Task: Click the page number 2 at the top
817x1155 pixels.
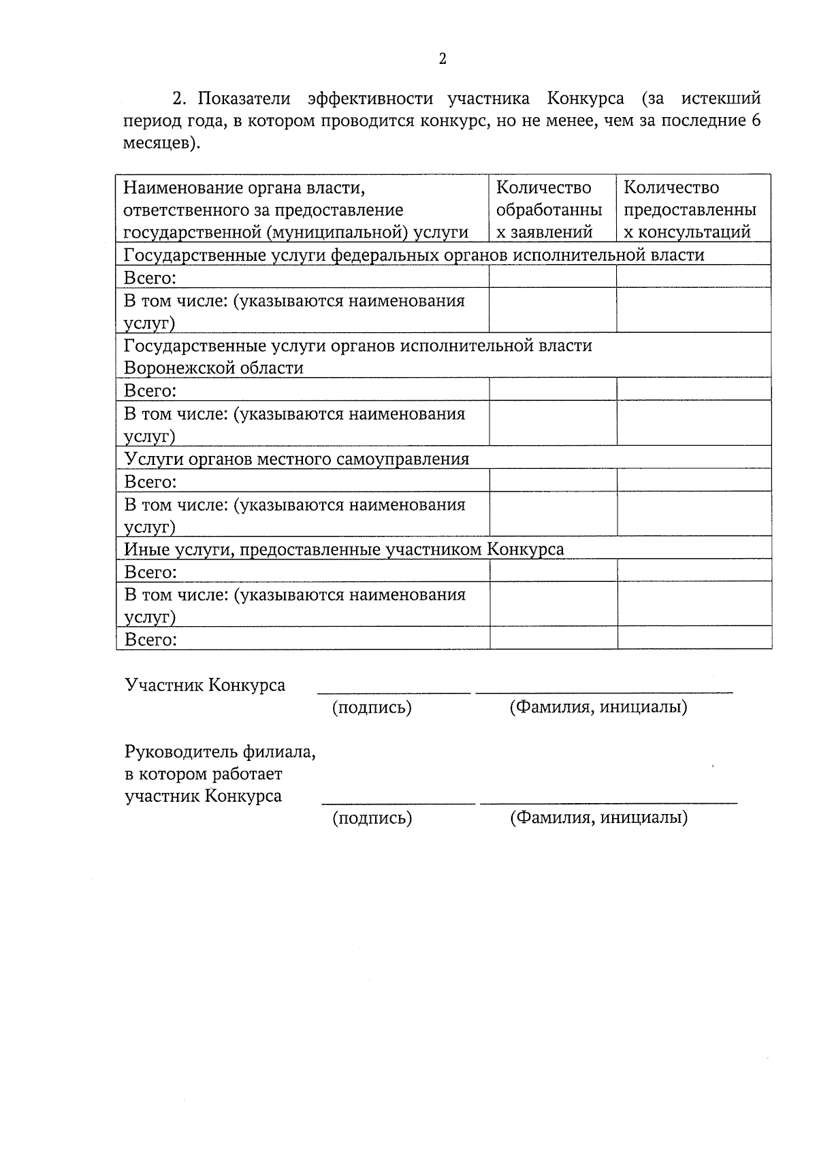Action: [443, 59]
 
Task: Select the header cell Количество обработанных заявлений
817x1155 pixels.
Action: [552, 209]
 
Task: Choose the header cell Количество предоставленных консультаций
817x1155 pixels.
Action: [692, 209]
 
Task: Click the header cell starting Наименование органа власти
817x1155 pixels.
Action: [296, 209]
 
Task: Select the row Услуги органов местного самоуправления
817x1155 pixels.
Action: [297, 459]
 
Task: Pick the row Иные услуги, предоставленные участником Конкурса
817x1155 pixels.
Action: [344, 549]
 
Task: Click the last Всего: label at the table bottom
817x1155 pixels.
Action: [150, 639]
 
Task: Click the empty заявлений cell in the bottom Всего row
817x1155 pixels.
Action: [553, 638]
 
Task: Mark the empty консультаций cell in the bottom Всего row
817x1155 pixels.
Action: [694, 638]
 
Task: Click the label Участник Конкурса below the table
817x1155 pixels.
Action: [204, 685]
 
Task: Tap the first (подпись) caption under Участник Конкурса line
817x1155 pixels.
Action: [372, 708]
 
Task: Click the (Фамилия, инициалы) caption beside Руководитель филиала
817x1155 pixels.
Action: [598, 817]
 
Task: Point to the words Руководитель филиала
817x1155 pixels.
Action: [219, 752]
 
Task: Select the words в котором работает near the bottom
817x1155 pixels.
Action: [203, 775]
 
